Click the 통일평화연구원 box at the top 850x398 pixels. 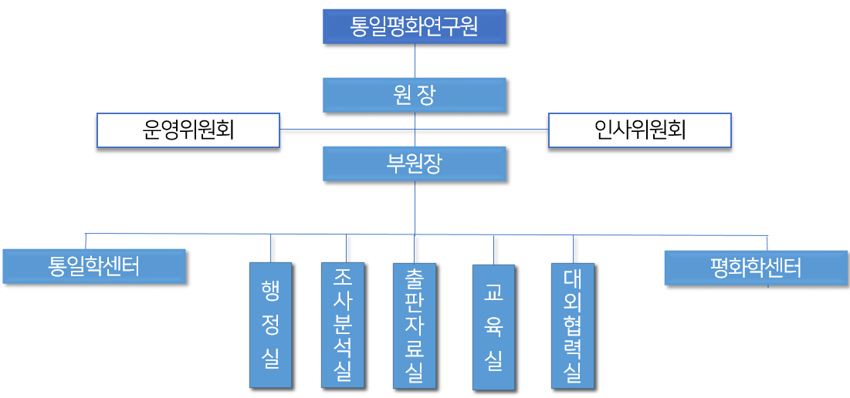tap(414, 26)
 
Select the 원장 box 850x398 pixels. tap(415, 95)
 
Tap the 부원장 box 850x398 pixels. tap(415, 164)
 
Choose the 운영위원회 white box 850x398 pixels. tap(188, 130)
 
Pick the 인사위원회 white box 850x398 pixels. tap(639, 130)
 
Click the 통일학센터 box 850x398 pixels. tap(94, 266)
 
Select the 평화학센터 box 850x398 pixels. tap(756, 268)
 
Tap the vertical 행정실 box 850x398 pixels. tap(270, 325)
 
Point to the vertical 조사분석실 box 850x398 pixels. tap(343, 325)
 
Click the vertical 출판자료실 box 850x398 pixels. tap(414, 325)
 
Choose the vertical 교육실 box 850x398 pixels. tap(493, 326)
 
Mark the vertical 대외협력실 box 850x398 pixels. tap(573, 325)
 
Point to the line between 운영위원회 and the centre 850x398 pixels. tap(347, 129)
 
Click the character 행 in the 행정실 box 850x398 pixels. tap(270, 288)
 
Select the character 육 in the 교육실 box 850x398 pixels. tap(493, 327)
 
